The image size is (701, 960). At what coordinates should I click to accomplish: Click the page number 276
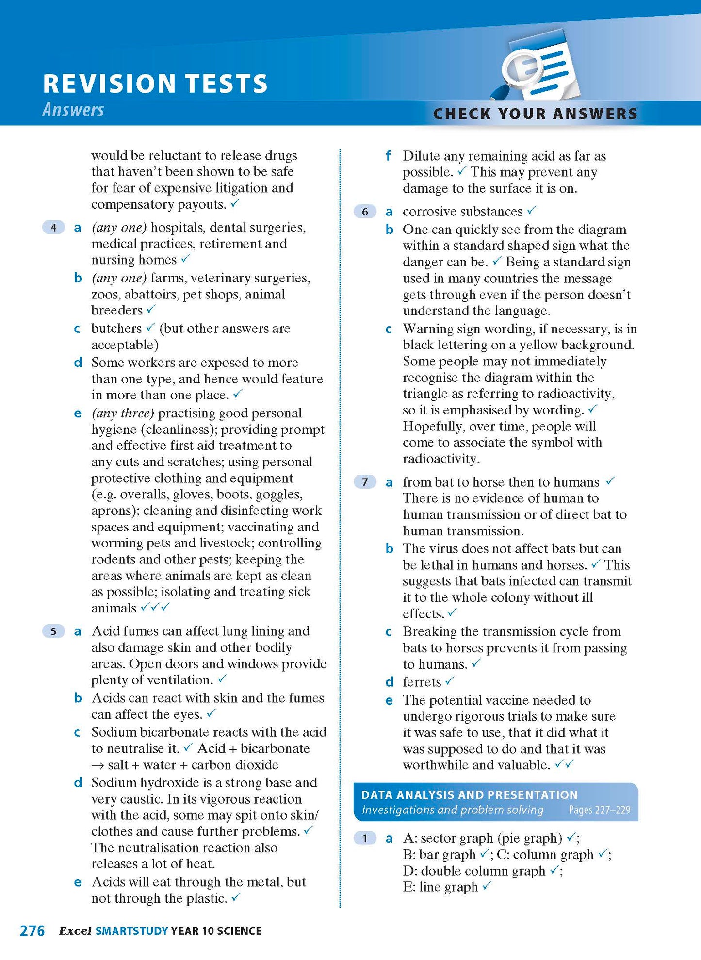click(32, 930)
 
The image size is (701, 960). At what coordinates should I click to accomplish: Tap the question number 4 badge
click(53, 227)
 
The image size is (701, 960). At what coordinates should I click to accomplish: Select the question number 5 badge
click(53, 631)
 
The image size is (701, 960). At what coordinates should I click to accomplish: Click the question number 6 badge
click(365, 212)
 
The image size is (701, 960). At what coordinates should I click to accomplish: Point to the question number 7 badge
click(365, 482)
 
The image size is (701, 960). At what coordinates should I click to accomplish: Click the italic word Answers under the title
click(73, 110)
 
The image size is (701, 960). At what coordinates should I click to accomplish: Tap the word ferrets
click(422, 682)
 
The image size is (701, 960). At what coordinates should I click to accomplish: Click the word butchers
click(116, 329)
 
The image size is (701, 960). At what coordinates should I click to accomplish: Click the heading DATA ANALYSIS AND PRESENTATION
click(469, 794)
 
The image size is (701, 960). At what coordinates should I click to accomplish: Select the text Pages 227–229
click(599, 810)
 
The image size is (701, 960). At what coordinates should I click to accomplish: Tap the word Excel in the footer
click(75, 931)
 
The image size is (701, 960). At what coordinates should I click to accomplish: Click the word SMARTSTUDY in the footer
click(132, 931)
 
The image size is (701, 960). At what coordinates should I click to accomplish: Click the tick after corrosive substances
click(532, 211)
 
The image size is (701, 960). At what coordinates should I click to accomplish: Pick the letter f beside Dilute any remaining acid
click(388, 156)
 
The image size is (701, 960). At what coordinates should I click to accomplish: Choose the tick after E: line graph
click(487, 886)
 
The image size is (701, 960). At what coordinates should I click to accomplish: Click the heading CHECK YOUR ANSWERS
click(535, 114)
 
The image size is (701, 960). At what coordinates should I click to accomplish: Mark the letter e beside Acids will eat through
click(78, 882)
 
